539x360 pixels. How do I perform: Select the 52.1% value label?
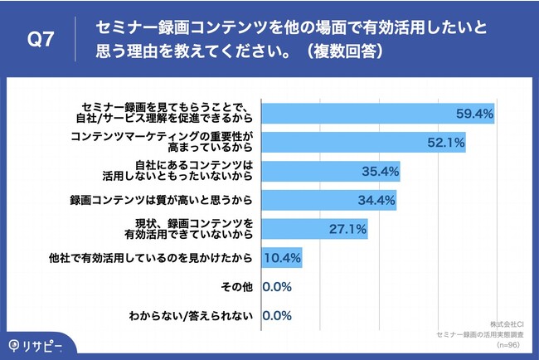[445, 143]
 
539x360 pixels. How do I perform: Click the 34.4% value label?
[376, 201]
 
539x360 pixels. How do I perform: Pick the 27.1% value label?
[348, 229]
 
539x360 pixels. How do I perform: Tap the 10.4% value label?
[282, 258]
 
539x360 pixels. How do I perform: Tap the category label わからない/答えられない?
[192, 316]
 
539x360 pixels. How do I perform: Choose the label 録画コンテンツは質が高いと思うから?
[163, 201]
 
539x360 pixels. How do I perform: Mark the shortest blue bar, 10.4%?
[282, 258]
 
